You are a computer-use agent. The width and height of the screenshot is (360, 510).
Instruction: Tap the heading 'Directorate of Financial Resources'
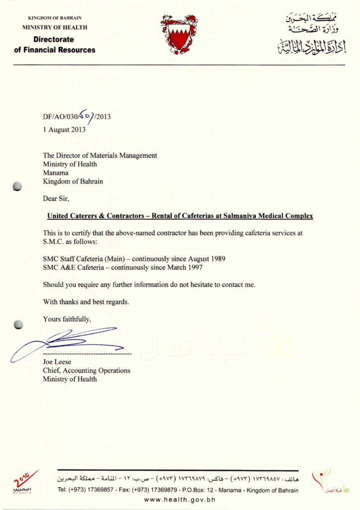(54, 44)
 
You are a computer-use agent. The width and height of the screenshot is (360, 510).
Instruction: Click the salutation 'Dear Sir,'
(56, 198)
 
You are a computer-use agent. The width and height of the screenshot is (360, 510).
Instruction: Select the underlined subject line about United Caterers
(180, 216)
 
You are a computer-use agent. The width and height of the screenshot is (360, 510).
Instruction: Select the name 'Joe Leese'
(55, 362)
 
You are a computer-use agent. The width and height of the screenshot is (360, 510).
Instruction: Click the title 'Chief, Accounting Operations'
(87, 371)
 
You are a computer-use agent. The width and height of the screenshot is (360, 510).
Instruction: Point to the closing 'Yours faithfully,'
(67, 319)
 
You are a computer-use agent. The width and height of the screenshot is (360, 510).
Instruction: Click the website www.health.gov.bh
(179, 500)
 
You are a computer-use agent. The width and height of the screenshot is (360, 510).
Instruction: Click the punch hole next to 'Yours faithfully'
(18, 324)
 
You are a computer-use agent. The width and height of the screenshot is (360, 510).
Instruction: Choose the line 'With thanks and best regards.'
(85, 301)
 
